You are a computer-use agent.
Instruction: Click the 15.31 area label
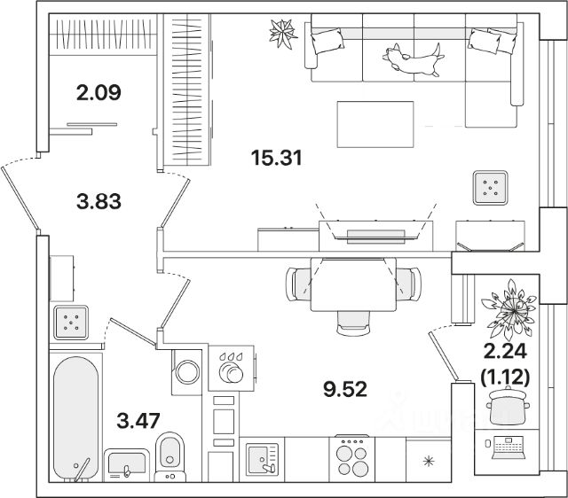[278, 159]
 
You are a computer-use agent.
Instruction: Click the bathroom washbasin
[130, 463]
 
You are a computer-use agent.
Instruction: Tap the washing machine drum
[188, 371]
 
